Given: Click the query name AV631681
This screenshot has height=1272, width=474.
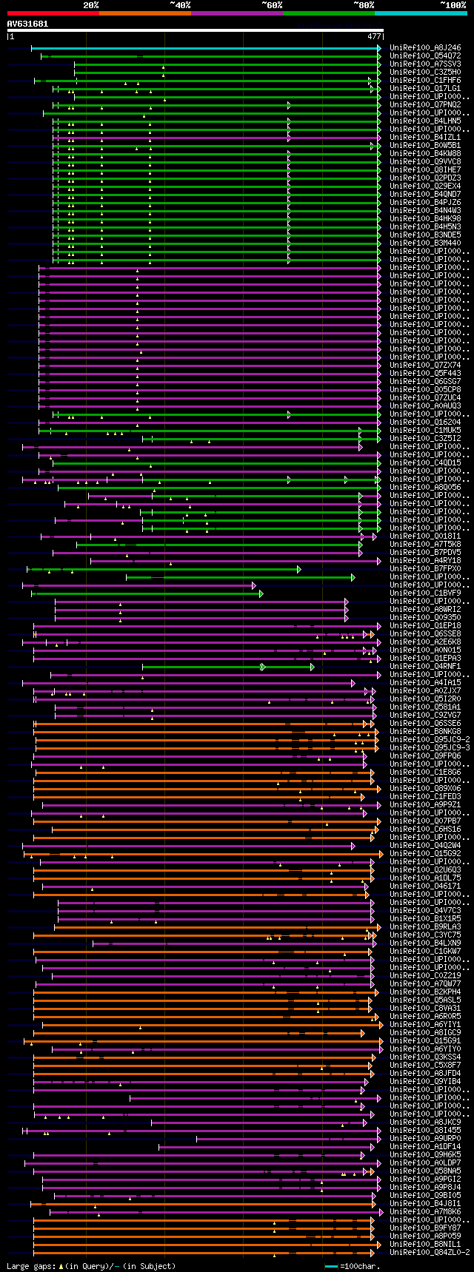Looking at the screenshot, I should pyautogui.click(x=27, y=24).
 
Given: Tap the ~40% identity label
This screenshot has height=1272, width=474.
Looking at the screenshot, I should pyautogui.click(x=180, y=5).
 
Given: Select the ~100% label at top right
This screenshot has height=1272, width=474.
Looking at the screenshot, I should pyautogui.click(x=453, y=5).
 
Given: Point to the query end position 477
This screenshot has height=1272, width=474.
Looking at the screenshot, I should pyautogui.click(x=374, y=36).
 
